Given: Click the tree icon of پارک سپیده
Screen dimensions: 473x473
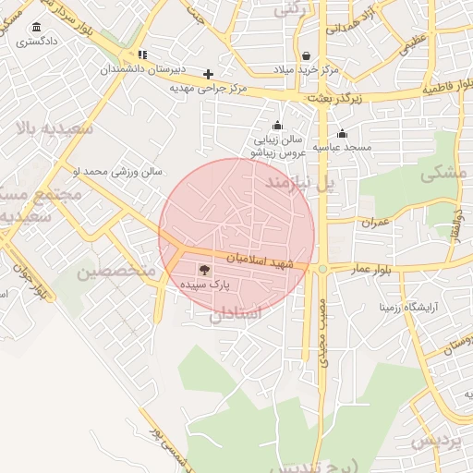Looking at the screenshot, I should tap(203, 270).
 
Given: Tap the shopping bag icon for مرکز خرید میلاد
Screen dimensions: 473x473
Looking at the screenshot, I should tap(306, 56).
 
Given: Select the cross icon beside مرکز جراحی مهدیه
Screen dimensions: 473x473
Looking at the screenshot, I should tap(209, 74).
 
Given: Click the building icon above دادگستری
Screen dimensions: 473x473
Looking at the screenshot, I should tap(36, 27).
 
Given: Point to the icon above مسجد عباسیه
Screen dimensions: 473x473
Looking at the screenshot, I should tap(342, 132).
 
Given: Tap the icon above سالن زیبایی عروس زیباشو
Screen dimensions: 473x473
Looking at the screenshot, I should tap(277, 126).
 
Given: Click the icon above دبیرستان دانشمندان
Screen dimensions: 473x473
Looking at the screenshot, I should tap(141, 55).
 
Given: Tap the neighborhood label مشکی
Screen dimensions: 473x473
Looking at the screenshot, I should tap(438, 172).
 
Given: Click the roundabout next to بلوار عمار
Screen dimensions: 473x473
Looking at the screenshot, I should tap(322, 269).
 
